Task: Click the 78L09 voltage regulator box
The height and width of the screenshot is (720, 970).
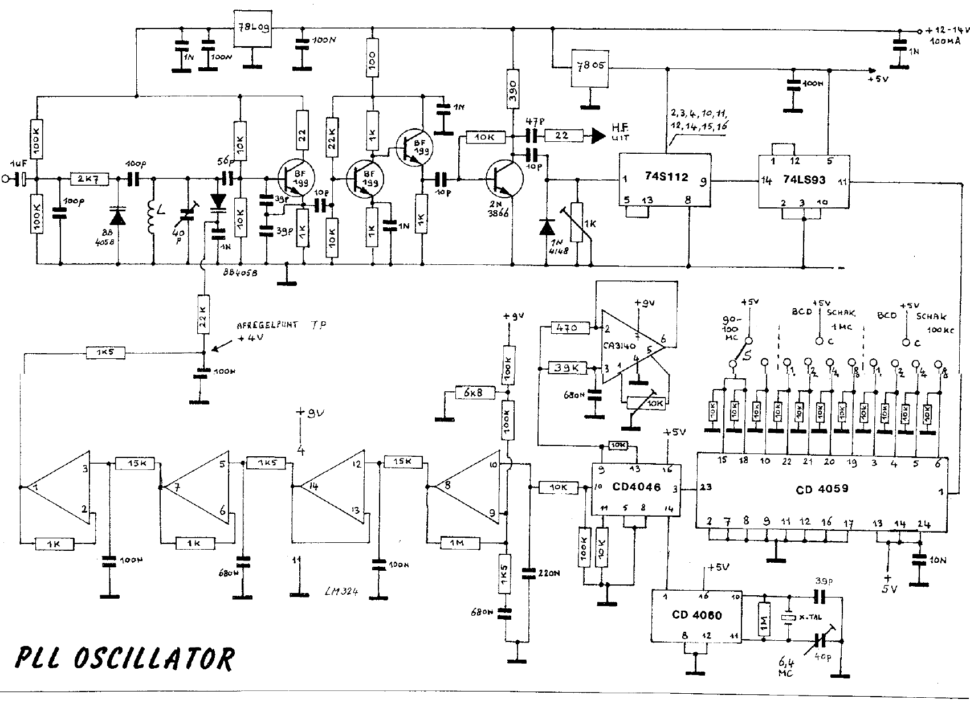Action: [x=252, y=28]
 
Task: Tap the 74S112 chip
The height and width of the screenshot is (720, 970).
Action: [x=665, y=179]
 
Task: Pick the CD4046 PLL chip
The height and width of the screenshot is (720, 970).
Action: [x=634, y=488]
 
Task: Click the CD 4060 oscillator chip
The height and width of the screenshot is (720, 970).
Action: [x=695, y=616]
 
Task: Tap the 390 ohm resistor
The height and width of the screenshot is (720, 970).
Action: [x=513, y=89]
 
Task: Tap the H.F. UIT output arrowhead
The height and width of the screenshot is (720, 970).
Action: [x=597, y=136]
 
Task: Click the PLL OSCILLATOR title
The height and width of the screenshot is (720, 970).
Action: [x=124, y=658]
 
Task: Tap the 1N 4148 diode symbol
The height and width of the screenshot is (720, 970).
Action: [x=547, y=227]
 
